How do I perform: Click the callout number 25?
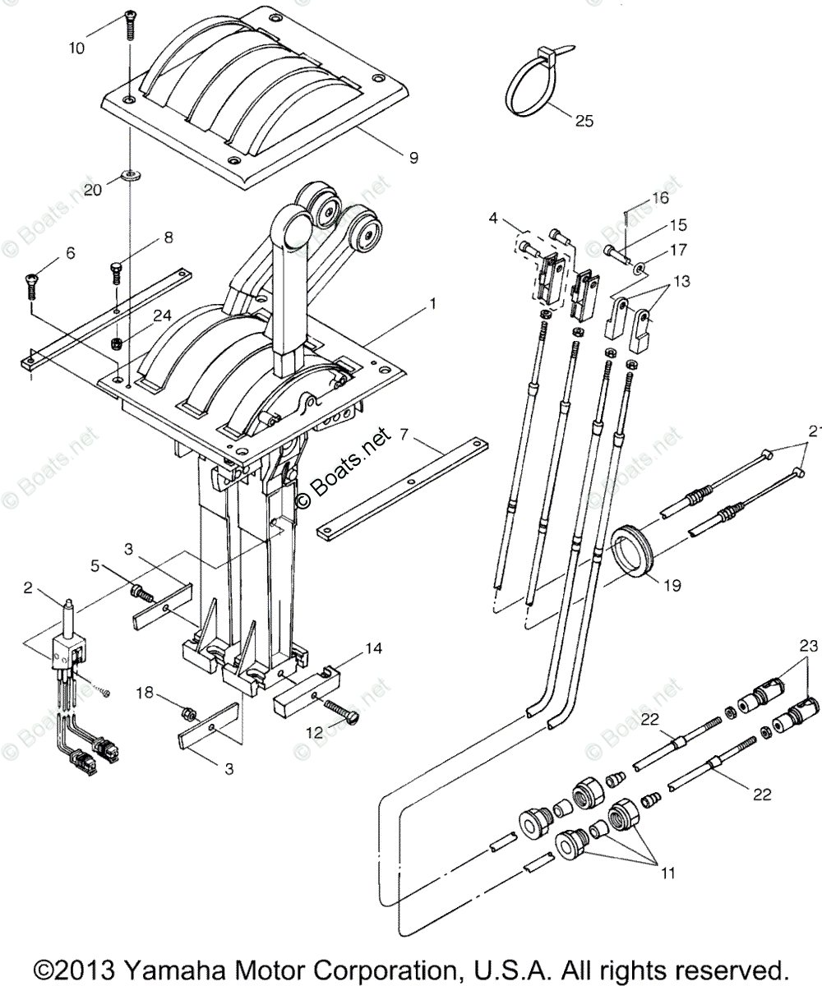click(x=584, y=122)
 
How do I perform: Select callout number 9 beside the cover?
click(x=413, y=155)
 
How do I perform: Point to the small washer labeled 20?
click(x=131, y=174)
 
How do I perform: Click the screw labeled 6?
click(x=30, y=285)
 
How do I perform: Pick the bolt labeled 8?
click(x=116, y=270)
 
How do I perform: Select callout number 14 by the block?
click(x=374, y=648)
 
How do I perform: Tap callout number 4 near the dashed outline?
click(x=492, y=218)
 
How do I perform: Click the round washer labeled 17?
click(x=640, y=268)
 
